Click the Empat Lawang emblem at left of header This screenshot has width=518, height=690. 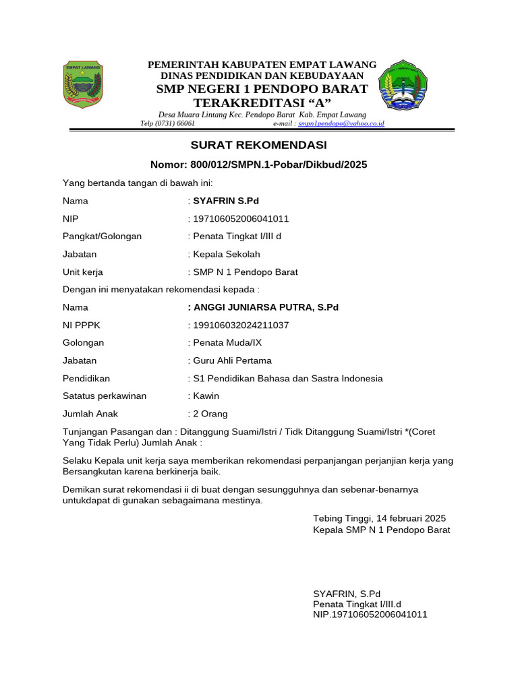point(83,85)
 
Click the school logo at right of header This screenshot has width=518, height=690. point(403,85)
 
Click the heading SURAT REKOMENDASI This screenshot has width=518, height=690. point(258,146)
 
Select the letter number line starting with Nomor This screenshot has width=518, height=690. point(259,164)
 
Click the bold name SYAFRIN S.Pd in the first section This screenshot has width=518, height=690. point(226,201)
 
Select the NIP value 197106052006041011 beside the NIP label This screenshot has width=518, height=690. point(241,219)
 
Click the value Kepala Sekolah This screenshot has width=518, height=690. point(226,255)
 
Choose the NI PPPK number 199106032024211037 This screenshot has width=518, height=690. point(241,325)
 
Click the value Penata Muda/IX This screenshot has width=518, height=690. point(227,343)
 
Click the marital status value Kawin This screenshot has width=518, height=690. point(206,396)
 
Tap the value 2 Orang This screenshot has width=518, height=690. point(210,414)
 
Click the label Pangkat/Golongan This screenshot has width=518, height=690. point(102,237)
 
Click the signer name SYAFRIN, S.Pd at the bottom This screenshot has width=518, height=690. point(347,594)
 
